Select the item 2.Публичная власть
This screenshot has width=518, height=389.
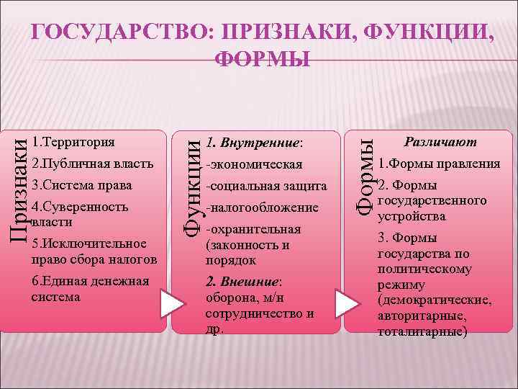pyautogui.click(x=93, y=163)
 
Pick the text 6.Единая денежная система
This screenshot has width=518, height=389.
pyautogui.click(x=91, y=288)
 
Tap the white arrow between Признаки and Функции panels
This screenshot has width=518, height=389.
pyautogui.click(x=172, y=305)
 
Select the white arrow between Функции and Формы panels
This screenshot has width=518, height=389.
pyautogui.click(x=345, y=305)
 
